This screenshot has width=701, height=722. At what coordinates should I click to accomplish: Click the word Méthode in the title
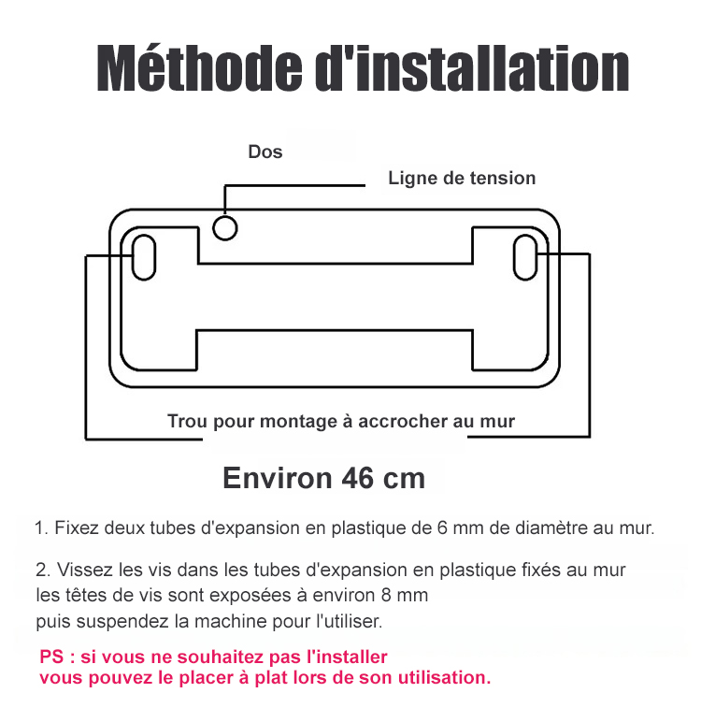(199, 68)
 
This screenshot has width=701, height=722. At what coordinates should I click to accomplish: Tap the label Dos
(265, 152)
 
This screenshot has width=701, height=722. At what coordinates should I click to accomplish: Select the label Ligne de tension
(462, 179)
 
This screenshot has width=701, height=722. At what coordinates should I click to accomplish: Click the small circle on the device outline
(225, 218)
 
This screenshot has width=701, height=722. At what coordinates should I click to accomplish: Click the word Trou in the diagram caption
(187, 421)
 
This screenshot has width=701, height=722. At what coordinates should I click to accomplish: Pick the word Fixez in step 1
(77, 527)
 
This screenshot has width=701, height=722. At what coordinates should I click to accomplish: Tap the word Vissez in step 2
(85, 570)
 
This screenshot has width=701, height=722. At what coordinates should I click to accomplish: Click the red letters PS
(51, 657)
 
